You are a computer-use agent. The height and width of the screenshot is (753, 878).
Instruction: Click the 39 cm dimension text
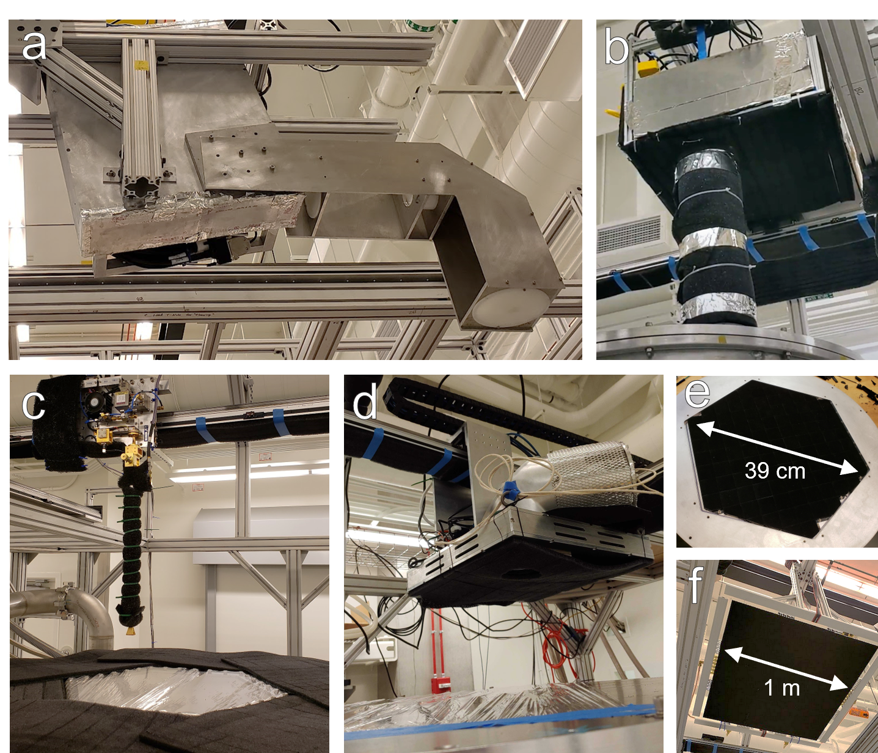[775, 471]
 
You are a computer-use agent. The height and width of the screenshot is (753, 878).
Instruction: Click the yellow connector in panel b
[646, 66]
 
